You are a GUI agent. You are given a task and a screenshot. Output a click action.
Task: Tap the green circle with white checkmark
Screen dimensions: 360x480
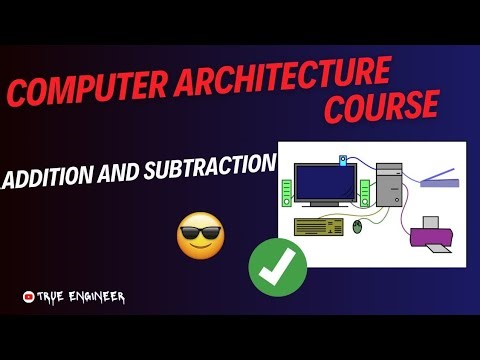pos(276,267)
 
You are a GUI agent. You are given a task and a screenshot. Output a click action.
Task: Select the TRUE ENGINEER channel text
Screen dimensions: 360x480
pos(82,297)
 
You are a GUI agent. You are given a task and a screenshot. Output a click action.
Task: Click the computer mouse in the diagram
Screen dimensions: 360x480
pos(358,228)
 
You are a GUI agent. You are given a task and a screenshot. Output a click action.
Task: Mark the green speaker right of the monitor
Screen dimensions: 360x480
pos(365,189)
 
